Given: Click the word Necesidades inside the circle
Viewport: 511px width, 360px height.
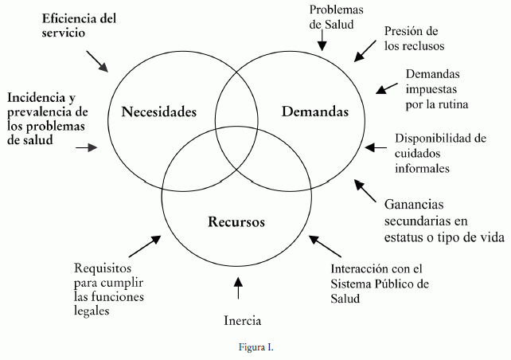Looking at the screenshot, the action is (158, 112).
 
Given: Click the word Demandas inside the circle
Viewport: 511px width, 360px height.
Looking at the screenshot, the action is (315, 112).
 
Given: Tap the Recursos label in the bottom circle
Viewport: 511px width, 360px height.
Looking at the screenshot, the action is (236, 221).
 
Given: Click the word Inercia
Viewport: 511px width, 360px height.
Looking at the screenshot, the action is (242, 321).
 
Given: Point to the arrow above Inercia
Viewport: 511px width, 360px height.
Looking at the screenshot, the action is (238, 287).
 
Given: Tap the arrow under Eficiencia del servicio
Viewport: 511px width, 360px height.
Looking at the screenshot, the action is (98, 59).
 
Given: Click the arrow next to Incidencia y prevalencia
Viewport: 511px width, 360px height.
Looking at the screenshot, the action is (86, 147).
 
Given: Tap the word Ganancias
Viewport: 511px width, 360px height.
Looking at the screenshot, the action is (415, 204).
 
